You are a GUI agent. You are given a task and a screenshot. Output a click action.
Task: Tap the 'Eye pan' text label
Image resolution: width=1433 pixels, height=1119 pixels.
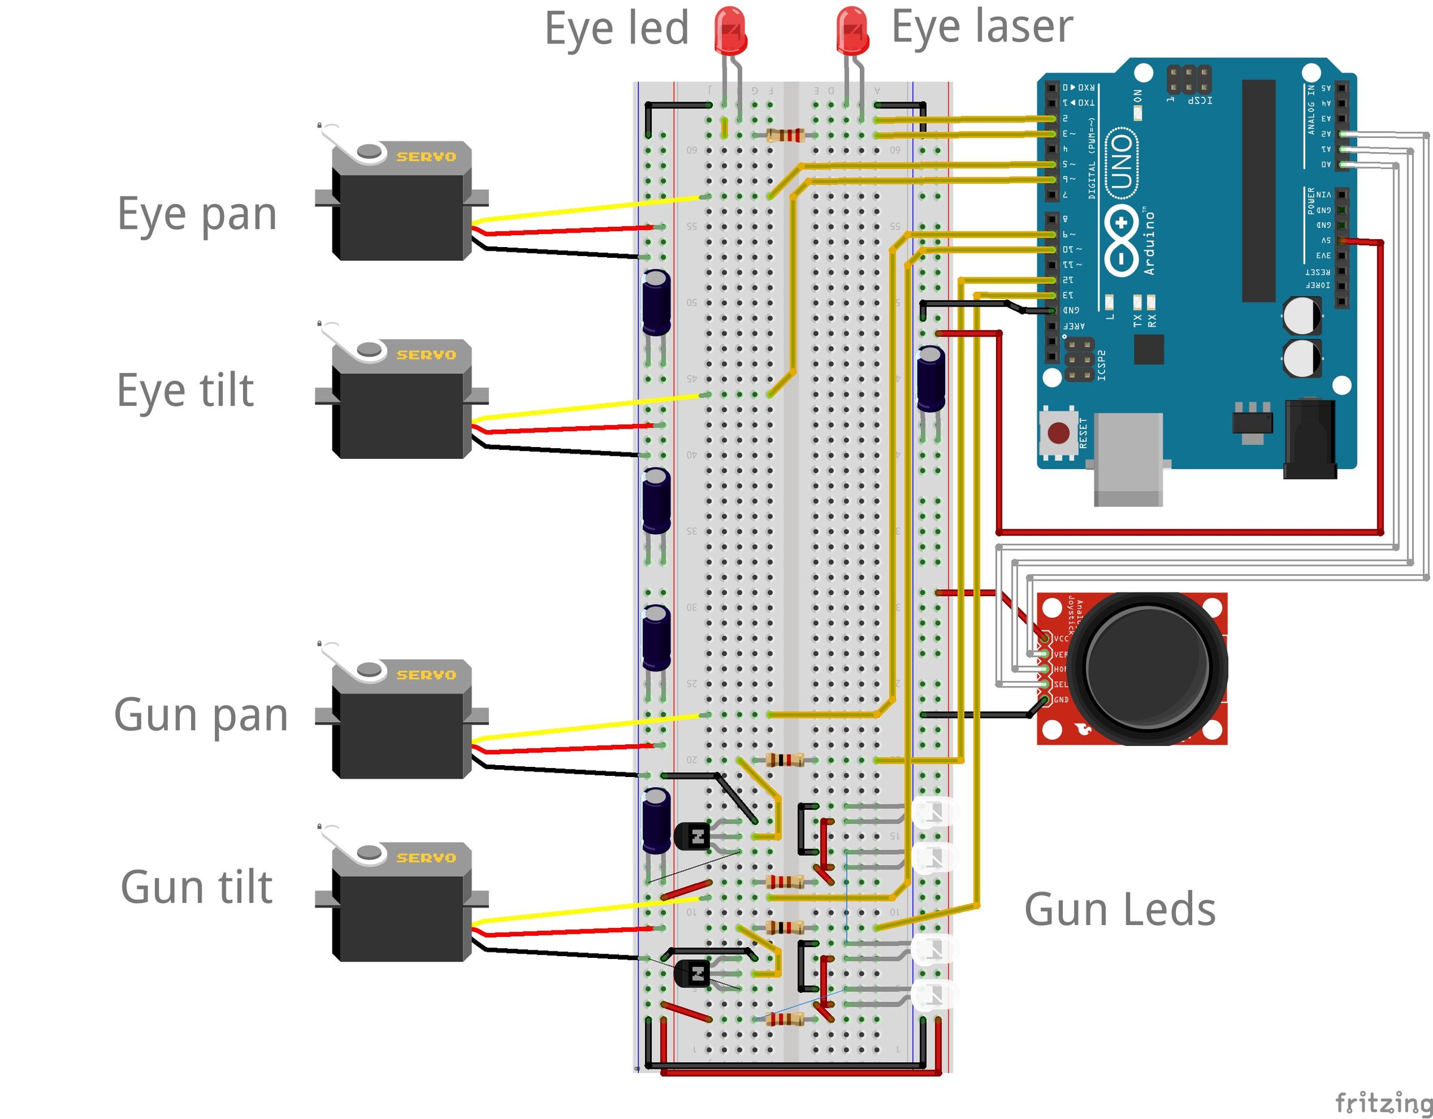click(x=197, y=214)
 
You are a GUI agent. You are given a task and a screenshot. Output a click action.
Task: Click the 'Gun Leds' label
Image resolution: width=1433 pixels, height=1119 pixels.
click(x=1120, y=910)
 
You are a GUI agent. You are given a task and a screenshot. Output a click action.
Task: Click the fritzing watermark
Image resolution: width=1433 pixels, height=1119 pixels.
click(x=1383, y=1102)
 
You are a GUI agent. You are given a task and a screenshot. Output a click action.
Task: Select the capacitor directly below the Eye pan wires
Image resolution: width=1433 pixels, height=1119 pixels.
click(x=656, y=303)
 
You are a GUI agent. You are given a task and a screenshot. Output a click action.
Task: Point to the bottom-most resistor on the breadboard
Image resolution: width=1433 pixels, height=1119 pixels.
click(x=785, y=1019)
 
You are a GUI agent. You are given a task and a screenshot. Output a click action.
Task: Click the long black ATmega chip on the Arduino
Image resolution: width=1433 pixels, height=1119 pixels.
click(x=1259, y=191)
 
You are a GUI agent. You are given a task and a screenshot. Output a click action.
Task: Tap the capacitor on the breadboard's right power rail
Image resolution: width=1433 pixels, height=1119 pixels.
click(x=930, y=379)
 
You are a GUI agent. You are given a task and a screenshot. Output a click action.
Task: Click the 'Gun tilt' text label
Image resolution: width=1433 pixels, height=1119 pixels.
click(x=196, y=887)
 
